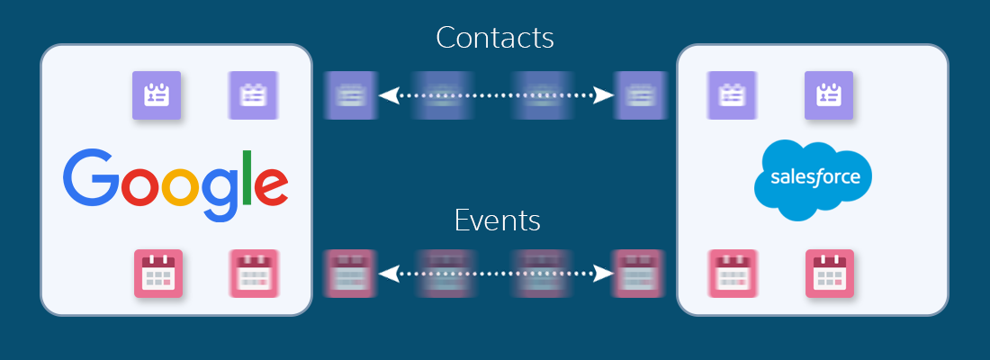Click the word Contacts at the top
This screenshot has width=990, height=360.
coord(494,38)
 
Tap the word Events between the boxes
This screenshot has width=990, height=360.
coord(498,220)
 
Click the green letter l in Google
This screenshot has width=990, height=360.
coord(245,176)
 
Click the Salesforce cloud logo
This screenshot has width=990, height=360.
coord(813,178)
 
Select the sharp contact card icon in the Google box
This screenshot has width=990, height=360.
coord(157,94)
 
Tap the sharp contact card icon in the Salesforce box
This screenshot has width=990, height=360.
coord(828,94)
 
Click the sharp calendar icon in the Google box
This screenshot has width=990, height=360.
coord(157,273)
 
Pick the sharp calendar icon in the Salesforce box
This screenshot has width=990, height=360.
coord(829,273)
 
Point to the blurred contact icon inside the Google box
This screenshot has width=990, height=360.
coord(252,94)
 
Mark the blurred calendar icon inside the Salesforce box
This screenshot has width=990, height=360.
coord(731,273)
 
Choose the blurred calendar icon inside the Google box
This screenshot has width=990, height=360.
coord(253,273)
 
